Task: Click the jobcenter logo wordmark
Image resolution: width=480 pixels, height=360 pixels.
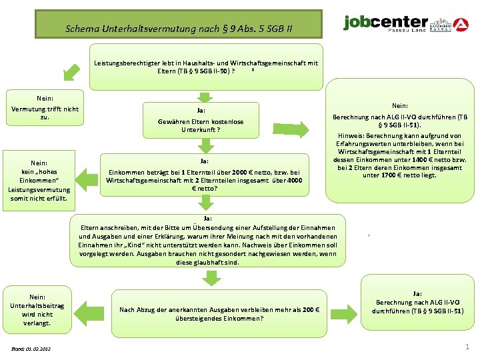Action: (385, 23)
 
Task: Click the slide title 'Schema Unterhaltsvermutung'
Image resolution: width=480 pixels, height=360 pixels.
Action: (178, 29)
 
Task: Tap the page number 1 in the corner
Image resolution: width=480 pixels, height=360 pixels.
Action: (467, 347)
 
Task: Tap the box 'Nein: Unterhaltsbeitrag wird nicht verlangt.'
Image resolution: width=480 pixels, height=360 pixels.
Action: (37, 309)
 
